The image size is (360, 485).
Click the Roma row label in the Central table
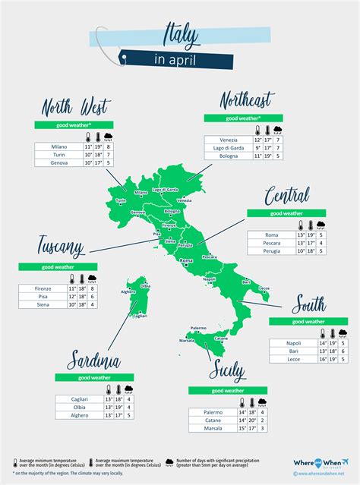[271, 235]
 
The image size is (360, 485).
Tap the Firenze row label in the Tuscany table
[43, 288]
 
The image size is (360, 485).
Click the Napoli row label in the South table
[293, 343]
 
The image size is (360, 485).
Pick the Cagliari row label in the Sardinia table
[77, 399]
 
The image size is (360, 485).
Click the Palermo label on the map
[199, 327]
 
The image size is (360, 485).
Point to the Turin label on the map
[120, 200]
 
